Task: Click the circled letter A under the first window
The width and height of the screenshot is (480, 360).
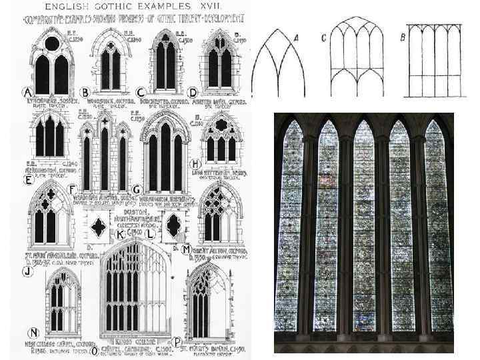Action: point(28,91)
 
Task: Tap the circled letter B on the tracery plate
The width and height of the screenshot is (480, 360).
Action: point(85,91)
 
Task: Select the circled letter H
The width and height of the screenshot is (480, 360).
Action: point(195,163)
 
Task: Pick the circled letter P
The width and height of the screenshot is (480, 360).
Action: point(177,342)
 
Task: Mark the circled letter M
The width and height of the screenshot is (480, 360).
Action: point(186,248)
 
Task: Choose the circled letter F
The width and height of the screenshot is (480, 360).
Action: point(71,189)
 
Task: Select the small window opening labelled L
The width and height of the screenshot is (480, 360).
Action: point(173,227)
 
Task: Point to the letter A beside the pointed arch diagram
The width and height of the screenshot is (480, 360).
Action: point(295,39)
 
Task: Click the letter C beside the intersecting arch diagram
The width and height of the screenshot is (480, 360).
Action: point(323,38)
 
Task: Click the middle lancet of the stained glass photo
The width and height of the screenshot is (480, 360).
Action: point(363,227)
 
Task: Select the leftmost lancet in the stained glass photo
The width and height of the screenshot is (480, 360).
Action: point(292,227)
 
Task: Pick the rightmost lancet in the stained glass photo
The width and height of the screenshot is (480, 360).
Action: point(439,227)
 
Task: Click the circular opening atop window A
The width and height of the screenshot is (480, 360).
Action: point(51,44)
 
